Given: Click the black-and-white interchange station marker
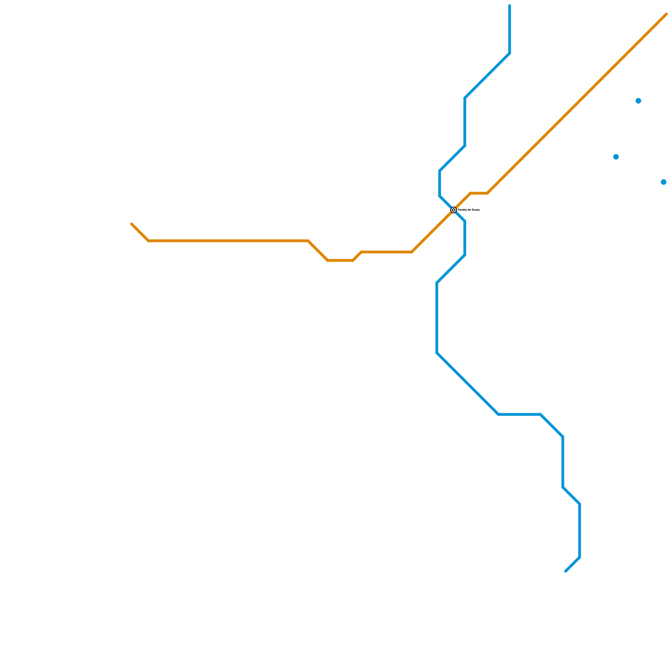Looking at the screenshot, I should (x=454, y=210).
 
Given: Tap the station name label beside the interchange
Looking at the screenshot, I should (x=469, y=210).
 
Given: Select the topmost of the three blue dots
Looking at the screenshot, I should (x=638, y=101).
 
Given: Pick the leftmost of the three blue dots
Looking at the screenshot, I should (x=616, y=157).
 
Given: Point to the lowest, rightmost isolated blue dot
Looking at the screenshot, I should (x=664, y=182).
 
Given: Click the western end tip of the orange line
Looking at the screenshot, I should (x=132, y=224).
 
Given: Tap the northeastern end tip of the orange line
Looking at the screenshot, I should (x=666, y=14).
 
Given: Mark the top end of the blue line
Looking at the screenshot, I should (x=509, y=6).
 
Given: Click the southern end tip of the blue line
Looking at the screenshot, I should (x=566, y=571).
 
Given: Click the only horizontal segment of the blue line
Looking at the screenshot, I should (x=520, y=415).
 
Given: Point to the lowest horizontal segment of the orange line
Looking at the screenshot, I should (x=340, y=260).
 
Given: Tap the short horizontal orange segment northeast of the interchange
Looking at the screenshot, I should (x=479, y=193).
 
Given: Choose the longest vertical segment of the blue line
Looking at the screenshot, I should (x=437, y=318).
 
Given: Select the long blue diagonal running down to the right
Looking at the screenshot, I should (x=468, y=384).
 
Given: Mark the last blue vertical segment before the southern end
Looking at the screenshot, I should (x=580, y=531).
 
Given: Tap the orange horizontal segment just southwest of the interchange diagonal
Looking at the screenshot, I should (x=386, y=252).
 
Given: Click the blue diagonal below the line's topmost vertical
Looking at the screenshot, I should (x=487, y=76).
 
